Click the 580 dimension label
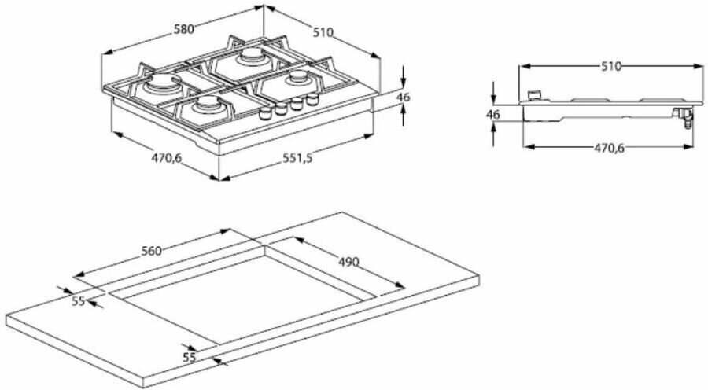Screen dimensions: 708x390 click(x=183, y=30)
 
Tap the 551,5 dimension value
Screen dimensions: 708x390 click(x=297, y=158)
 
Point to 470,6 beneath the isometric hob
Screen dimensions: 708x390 click(x=166, y=158)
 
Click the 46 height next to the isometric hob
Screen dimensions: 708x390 click(x=404, y=97)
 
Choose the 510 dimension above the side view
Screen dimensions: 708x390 click(x=611, y=67)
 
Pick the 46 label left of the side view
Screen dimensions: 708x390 click(x=493, y=114)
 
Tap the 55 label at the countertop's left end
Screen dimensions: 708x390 click(x=77, y=301)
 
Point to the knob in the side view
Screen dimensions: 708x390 click(x=537, y=94)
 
